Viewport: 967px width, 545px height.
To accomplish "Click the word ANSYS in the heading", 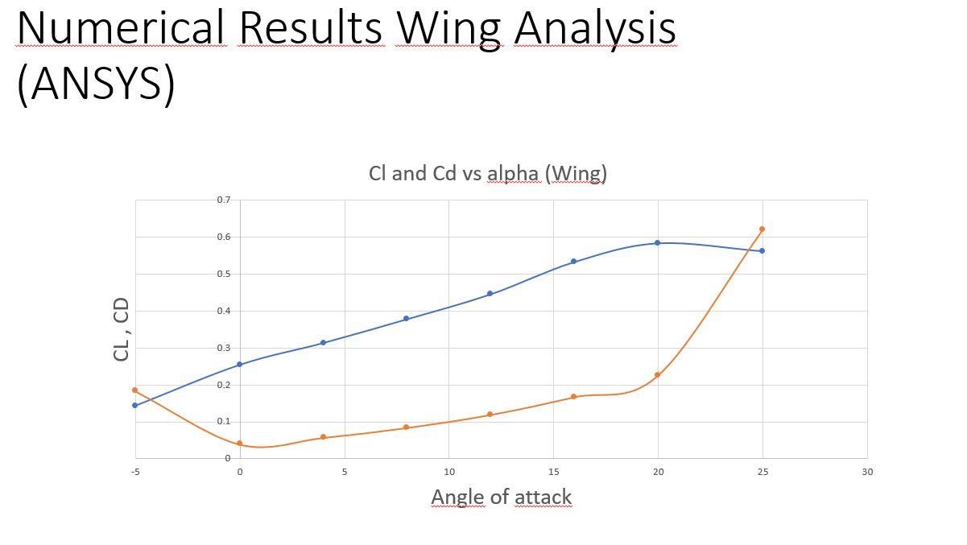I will tap(96, 83).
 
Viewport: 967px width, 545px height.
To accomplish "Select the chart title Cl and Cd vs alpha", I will tap(487, 173).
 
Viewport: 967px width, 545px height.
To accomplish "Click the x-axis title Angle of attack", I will tap(501, 497).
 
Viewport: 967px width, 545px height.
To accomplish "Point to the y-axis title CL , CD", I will tap(122, 329).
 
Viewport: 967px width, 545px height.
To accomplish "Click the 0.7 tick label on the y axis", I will tap(223, 200).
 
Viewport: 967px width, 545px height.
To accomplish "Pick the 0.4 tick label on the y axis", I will tap(223, 311).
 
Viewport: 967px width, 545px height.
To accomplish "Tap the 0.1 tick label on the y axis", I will tap(223, 422).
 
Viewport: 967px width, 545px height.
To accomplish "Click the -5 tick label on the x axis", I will tap(135, 472).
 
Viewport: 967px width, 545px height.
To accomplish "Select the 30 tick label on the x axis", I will tap(867, 472).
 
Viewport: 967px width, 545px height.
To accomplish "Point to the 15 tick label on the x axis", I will tap(553, 472).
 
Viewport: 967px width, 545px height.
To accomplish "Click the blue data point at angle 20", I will tap(658, 242).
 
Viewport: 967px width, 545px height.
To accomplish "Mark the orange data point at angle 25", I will tap(762, 229).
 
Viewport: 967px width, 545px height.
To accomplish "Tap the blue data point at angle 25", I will tap(762, 251).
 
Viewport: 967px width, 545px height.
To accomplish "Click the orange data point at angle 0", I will tap(240, 444).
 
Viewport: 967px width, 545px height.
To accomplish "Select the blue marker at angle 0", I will tap(240, 365).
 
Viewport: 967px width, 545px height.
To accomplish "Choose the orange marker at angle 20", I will tap(658, 375).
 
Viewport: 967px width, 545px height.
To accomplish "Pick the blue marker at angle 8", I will tap(407, 319).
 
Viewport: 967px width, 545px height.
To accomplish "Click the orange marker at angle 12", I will tap(490, 415).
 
